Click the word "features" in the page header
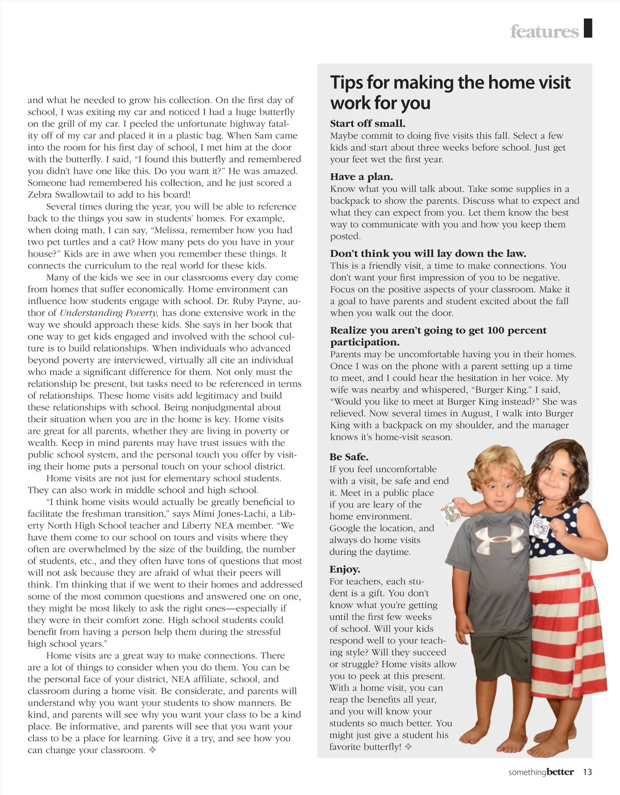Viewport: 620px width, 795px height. tap(544, 31)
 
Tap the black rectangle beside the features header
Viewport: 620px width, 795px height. tap(587, 28)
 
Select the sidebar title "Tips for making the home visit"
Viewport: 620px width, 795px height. tap(450, 83)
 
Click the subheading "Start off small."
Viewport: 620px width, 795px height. tap(367, 123)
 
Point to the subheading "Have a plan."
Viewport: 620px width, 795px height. tap(361, 177)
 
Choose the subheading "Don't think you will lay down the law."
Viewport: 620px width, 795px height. tap(428, 253)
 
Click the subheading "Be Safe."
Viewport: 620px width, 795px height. tap(349, 457)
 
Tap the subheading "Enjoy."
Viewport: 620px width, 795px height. tap(345, 569)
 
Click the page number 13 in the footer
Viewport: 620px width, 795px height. tap(587, 772)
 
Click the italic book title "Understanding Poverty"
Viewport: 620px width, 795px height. tap(109, 313)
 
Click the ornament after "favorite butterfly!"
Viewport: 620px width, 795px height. tap(408, 747)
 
